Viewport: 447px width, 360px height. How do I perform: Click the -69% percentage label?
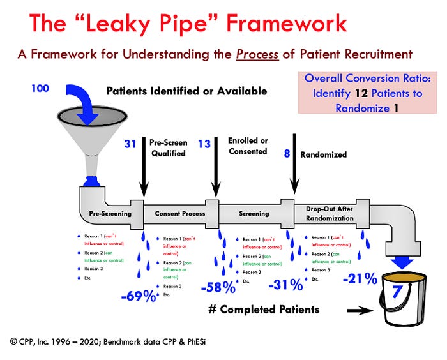click(x=139, y=297)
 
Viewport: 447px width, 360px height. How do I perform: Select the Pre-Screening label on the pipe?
click(x=110, y=213)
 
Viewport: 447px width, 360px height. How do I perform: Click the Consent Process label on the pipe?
click(x=179, y=213)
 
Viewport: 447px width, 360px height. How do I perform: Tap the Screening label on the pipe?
click(x=254, y=213)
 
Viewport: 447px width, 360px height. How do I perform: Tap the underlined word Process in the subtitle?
click(x=255, y=56)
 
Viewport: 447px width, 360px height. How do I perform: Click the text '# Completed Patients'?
click(x=263, y=310)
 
